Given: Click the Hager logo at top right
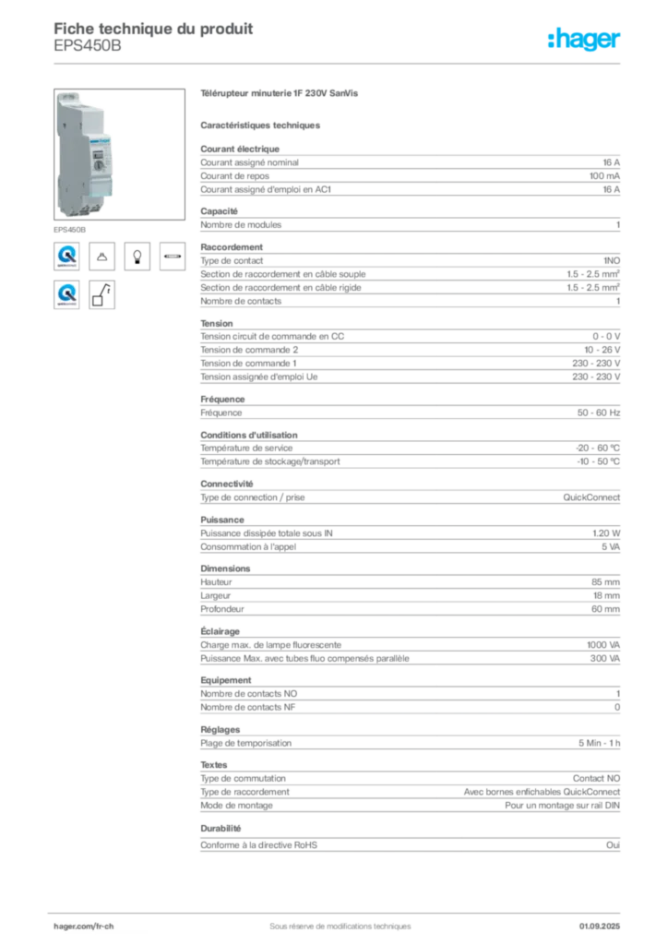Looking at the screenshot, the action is [x=583, y=39].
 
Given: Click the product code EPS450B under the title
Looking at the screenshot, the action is [x=88, y=46].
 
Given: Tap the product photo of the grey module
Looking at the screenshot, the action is [x=119, y=154].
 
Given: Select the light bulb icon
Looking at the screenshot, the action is [x=137, y=257].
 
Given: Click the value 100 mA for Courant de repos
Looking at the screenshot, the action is [x=604, y=176].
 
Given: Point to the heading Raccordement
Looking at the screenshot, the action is [x=232, y=247].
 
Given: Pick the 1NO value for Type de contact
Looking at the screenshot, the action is [x=612, y=260].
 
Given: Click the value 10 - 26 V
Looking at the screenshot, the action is [x=602, y=350].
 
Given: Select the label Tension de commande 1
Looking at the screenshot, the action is [x=248, y=364].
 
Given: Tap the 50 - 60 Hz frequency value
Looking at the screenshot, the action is [x=598, y=413].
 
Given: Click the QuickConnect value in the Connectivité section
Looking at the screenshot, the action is [x=590, y=497].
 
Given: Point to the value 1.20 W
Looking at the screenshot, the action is [x=606, y=533].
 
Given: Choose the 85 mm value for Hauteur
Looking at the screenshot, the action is [x=605, y=582].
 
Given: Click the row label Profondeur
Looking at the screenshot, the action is [x=222, y=609].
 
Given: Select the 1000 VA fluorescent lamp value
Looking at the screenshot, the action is [x=602, y=645].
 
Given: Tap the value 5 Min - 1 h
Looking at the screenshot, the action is [x=600, y=743].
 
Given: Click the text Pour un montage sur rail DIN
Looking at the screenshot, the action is [x=562, y=805].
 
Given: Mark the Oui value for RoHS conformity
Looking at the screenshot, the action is [x=613, y=845].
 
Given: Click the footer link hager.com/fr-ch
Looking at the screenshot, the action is [x=84, y=927].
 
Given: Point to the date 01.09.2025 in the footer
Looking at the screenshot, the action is [x=600, y=927].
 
